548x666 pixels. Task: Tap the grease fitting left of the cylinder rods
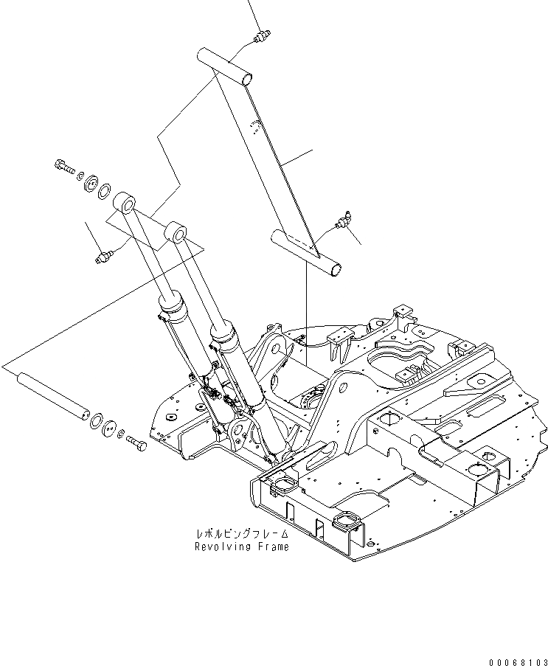103,256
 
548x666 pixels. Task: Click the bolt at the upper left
64,167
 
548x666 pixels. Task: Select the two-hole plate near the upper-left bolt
93,183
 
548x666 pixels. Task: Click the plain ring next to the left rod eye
105,191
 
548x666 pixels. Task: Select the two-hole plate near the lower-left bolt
110,429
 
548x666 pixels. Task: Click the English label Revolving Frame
242,547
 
